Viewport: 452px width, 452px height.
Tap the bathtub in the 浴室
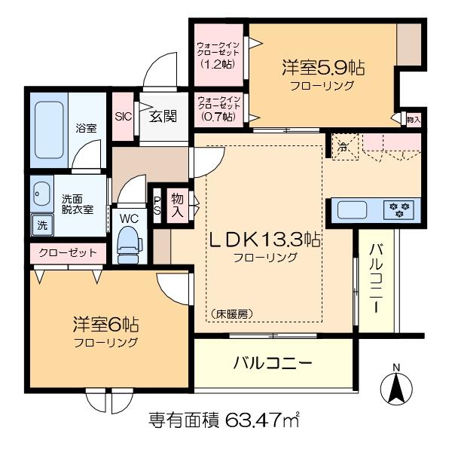coord(49,130)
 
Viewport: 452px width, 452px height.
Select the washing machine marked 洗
coord(42,224)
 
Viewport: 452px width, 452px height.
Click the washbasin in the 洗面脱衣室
coord(42,194)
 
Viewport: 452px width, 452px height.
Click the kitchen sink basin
coord(353,210)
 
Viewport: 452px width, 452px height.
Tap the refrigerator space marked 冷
coord(345,147)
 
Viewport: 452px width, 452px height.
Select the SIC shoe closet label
coord(123,117)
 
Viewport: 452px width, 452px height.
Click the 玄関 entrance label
coord(163,117)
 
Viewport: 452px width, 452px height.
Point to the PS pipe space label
coord(157,205)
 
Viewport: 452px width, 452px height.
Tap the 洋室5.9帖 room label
coord(323,68)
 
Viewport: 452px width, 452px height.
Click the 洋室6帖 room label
coord(105,324)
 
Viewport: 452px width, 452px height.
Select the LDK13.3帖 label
coord(264,240)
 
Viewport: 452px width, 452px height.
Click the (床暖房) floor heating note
coord(232,314)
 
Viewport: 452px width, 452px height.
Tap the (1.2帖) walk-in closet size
coord(218,63)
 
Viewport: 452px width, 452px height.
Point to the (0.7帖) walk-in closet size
coord(218,117)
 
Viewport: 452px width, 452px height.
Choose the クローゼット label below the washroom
coord(68,253)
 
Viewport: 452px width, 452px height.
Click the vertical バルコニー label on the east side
coord(377,278)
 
